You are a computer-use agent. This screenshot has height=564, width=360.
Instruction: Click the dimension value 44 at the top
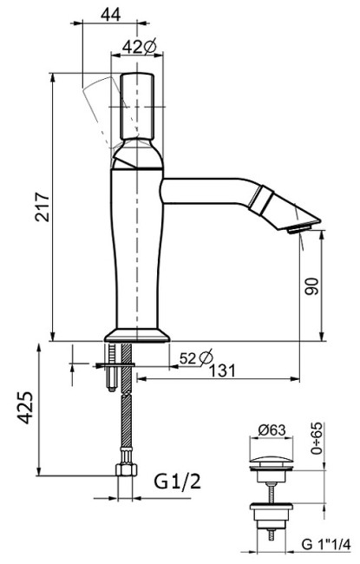pyautogui.click(x=110, y=14)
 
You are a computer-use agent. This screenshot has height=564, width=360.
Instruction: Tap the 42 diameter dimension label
pyautogui.click(x=139, y=46)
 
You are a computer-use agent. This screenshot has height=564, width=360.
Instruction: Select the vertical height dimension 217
pyautogui.click(x=43, y=207)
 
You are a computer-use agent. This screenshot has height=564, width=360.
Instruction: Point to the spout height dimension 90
pyautogui.click(x=311, y=286)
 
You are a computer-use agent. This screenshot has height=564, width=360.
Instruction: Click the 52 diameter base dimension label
pyautogui.click(x=196, y=357)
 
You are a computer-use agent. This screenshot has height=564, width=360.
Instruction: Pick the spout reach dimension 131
pyautogui.click(x=223, y=371)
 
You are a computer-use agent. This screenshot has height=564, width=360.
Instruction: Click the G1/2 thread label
pyautogui.click(x=177, y=482)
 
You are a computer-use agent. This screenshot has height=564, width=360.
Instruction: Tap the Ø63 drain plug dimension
pyautogui.click(x=272, y=430)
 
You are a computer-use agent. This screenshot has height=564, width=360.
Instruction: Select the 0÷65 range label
pyautogui.click(x=317, y=438)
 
